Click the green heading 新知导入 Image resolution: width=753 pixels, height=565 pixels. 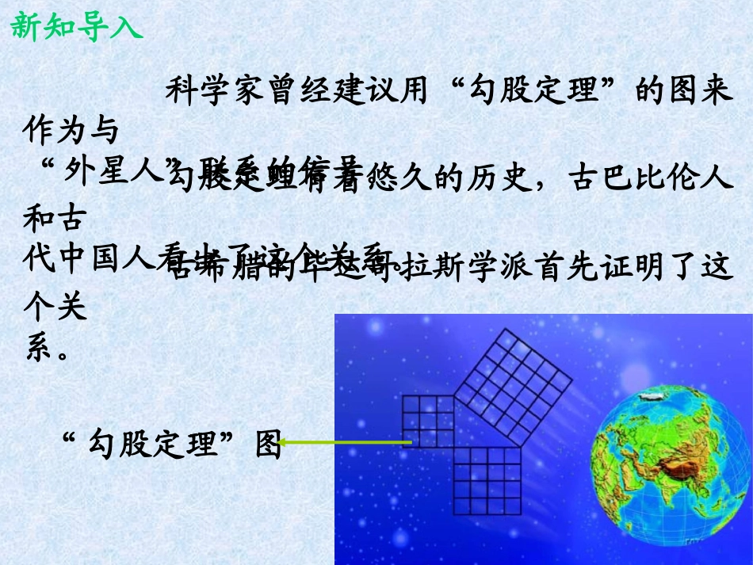click(76, 25)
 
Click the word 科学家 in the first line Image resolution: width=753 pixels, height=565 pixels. click(209, 90)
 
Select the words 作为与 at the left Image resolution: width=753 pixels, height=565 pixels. click(71, 128)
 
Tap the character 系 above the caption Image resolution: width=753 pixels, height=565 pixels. click(40, 348)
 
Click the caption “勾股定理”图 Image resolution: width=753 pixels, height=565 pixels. click(171, 445)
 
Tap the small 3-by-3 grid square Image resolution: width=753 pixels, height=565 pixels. click(428, 421)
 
